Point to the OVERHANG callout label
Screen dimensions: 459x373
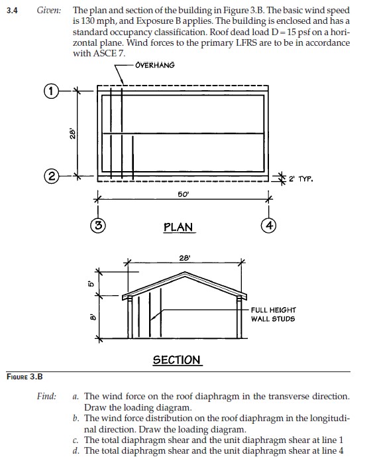click(x=154, y=65)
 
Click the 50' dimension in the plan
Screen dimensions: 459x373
click(x=183, y=194)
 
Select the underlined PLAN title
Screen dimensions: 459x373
click(x=178, y=228)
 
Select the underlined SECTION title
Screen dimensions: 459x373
click(x=176, y=360)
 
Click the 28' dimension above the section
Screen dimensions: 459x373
click(x=185, y=257)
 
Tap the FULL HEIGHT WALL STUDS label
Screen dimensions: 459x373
click(x=273, y=314)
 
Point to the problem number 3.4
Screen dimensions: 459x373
click(x=12, y=11)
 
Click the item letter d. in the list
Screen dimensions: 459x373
click(x=77, y=449)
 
